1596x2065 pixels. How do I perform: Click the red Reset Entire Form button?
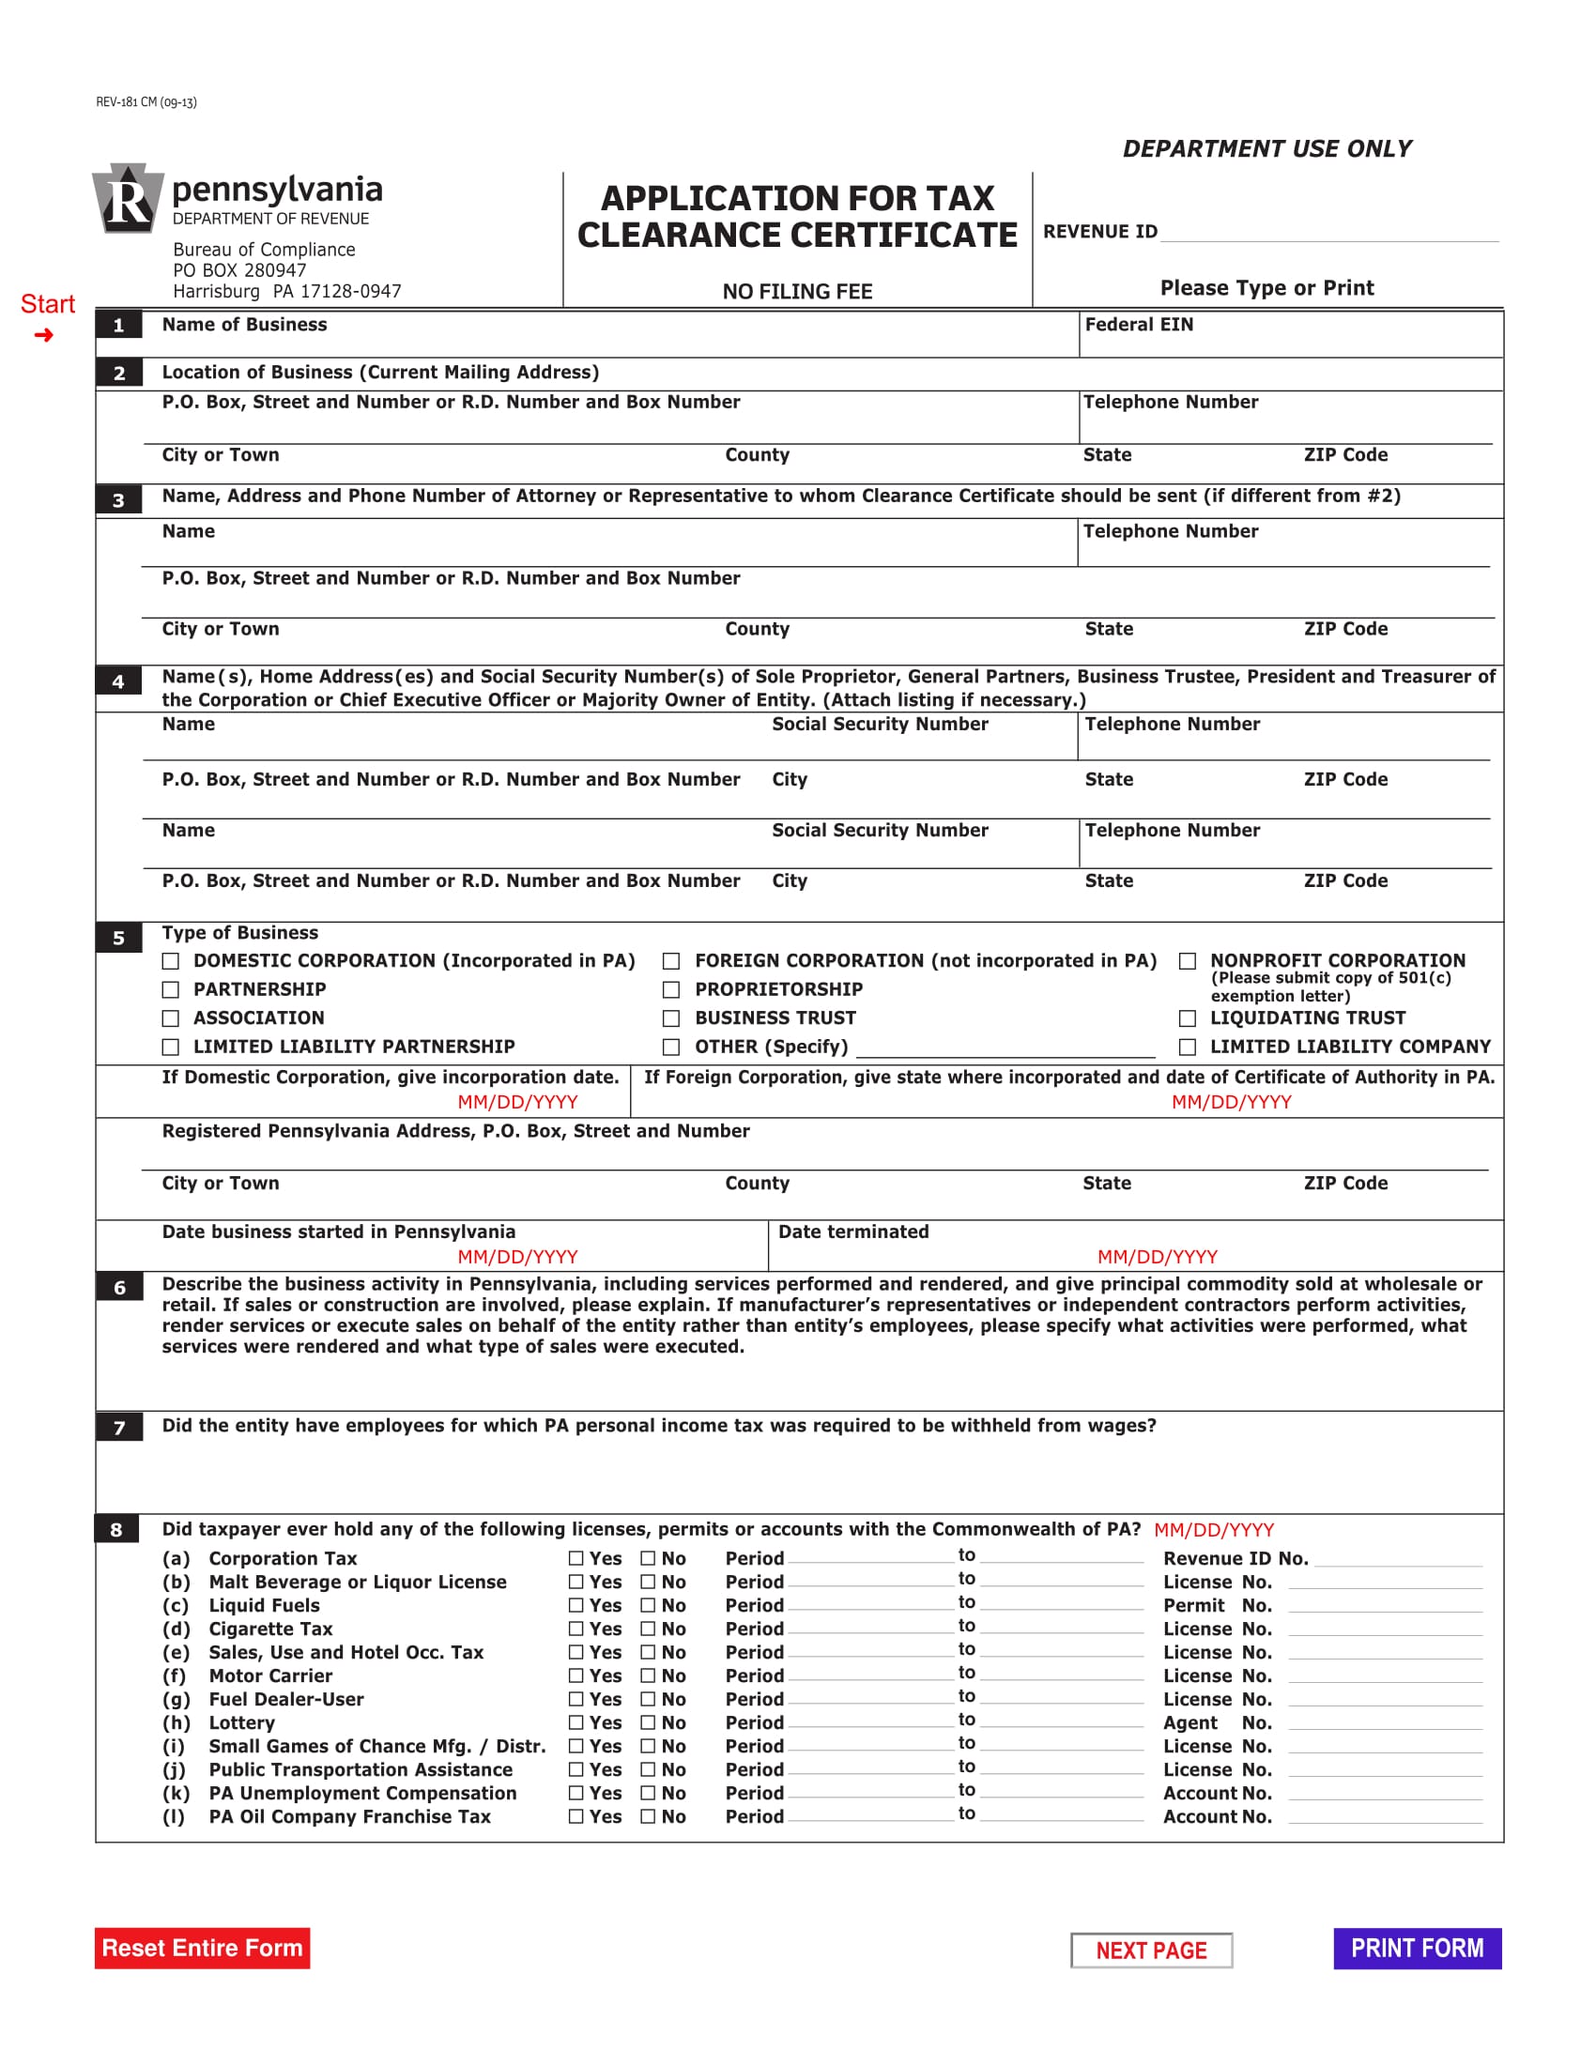[202, 1948]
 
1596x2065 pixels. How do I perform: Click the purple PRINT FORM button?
[1417, 1948]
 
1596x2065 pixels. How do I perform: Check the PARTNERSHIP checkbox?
[170, 989]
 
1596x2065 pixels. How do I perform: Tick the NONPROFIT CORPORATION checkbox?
[1187, 960]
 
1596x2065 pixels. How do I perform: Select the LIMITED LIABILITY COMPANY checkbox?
[1187, 1047]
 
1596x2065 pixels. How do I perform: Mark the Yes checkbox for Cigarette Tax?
[575, 1629]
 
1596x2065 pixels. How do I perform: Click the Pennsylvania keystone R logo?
[128, 199]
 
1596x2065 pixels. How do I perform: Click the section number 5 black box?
[118, 938]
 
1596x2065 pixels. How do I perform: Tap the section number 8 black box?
[117, 1530]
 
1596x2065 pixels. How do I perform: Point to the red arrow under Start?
[43, 335]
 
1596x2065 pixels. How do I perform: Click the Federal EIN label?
[1139, 325]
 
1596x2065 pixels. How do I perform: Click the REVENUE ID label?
[1099, 232]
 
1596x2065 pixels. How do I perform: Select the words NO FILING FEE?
[797, 291]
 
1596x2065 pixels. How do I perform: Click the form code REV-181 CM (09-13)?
[146, 102]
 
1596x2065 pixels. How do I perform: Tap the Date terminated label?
[852, 1231]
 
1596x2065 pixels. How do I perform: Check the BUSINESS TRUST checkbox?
[671, 1018]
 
